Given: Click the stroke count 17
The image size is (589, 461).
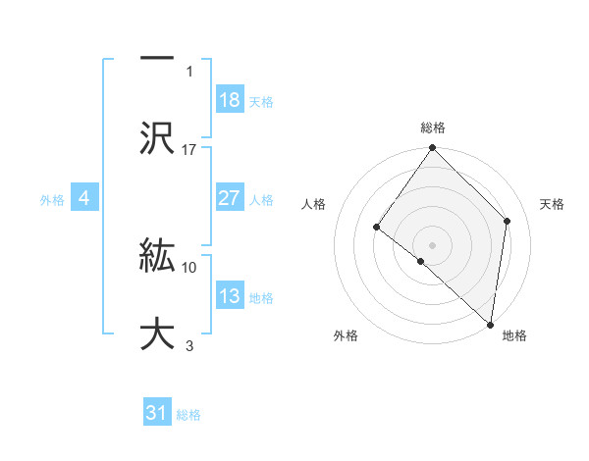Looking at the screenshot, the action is tap(189, 149).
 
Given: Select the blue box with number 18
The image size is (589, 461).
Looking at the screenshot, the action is tap(230, 100).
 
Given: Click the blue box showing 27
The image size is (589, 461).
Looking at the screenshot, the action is tap(230, 198).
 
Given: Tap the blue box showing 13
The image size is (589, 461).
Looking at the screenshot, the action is tap(230, 296).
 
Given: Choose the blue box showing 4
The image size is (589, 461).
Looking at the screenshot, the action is tap(84, 198).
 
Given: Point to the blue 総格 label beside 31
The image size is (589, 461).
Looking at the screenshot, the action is tap(188, 415).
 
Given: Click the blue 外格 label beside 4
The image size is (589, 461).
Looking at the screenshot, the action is tap(52, 199).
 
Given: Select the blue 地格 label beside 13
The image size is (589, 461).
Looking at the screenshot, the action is tap(261, 297).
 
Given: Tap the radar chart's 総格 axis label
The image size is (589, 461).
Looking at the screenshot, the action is tap(433, 128).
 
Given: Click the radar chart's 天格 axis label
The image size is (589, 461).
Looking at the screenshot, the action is tap(553, 204).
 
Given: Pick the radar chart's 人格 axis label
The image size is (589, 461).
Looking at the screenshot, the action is tap(314, 204).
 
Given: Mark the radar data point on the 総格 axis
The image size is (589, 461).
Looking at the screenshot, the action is tap(433, 149).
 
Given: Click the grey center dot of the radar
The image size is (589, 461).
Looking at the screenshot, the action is tap(433, 244).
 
